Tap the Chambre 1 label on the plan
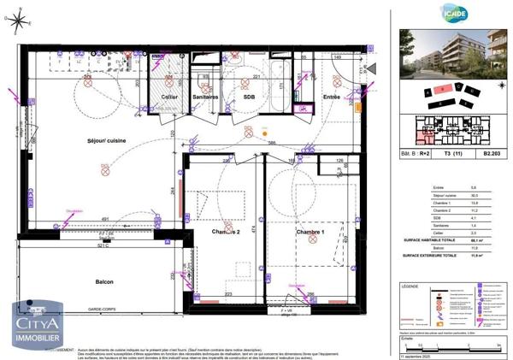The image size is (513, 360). click(311, 233)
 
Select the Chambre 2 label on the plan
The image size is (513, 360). click(226, 232)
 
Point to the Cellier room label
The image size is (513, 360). click(169, 97)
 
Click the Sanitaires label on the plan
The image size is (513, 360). click(205, 97)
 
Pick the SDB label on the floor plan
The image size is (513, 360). click(249, 97)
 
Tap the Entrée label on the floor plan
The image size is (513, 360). click(332, 97)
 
